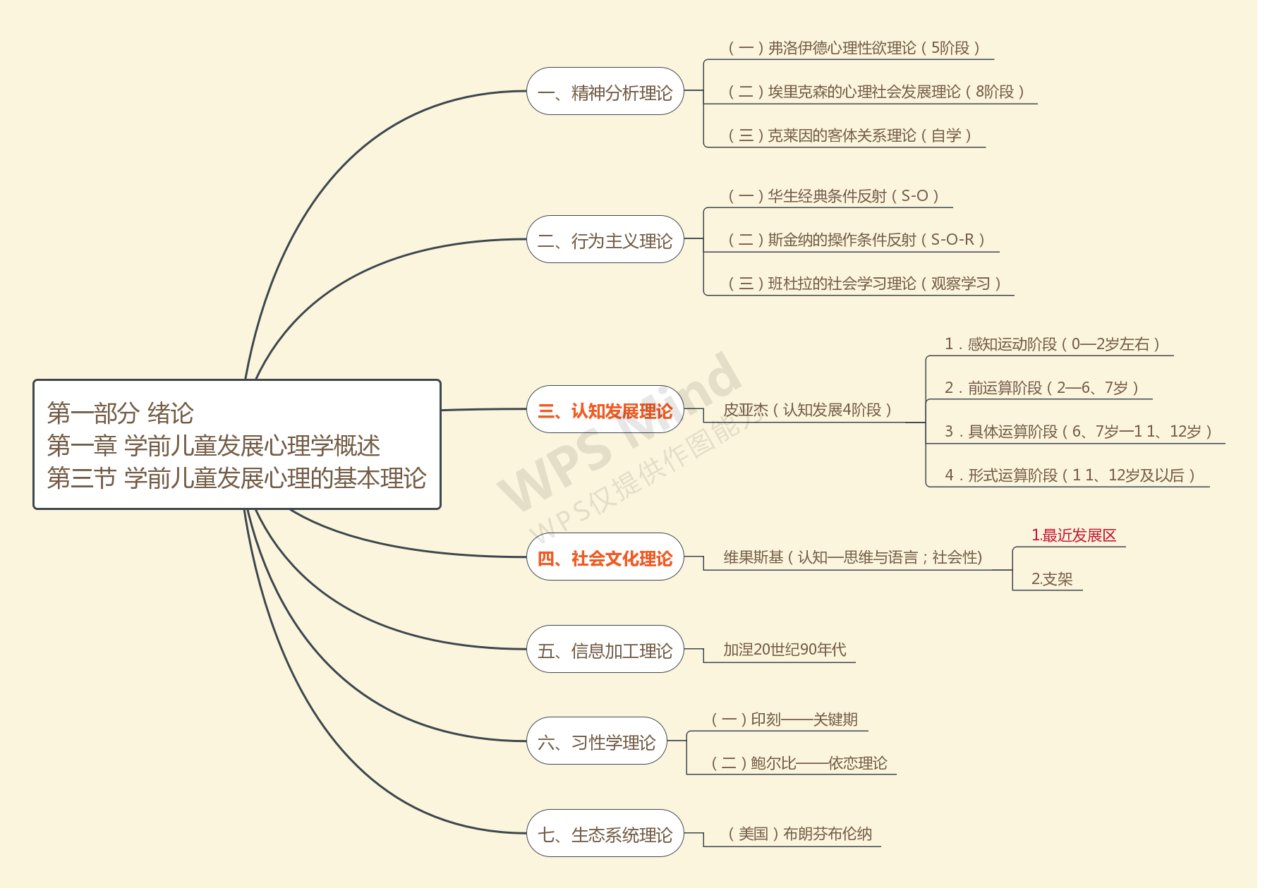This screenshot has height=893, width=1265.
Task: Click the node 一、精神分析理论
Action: click(605, 92)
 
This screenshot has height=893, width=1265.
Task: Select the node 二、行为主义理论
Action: click(605, 240)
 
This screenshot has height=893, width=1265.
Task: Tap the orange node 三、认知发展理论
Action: click(605, 410)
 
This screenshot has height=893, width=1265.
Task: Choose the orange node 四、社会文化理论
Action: click(605, 558)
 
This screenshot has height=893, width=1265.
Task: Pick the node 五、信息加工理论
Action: click(605, 650)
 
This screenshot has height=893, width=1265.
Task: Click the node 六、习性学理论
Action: click(597, 741)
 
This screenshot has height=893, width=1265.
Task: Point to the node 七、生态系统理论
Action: click(605, 834)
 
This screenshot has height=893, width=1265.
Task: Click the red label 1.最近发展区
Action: click(1074, 535)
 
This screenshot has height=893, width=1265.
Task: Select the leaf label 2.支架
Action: click(1051, 579)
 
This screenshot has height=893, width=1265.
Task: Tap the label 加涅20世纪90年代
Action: click(785, 650)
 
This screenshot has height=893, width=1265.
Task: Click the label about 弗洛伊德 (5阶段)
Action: click(854, 48)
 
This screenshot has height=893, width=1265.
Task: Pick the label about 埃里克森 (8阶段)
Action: click(876, 92)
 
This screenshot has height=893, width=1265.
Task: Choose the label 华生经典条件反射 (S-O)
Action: click(833, 196)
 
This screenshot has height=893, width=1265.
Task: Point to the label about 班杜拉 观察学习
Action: click(864, 284)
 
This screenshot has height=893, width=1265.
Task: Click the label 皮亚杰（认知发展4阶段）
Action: click(807, 410)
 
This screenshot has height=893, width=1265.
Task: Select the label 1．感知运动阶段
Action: click(1052, 344)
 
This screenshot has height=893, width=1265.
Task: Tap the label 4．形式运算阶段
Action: click(1070, 475)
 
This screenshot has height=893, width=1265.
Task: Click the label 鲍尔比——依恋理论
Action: click(799, 763)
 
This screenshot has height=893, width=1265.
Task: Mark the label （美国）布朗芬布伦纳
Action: click(800, 834)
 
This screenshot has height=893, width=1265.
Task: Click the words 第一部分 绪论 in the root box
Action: click(120, 413)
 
